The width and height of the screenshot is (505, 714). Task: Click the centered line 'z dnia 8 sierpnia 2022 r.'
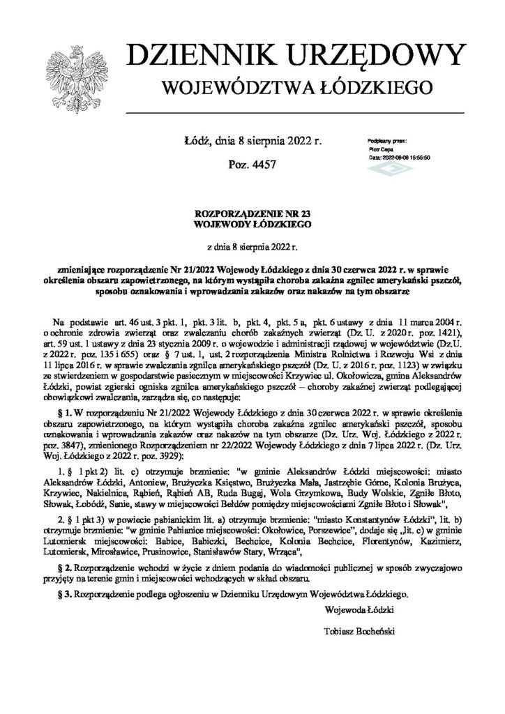coord(252,246)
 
